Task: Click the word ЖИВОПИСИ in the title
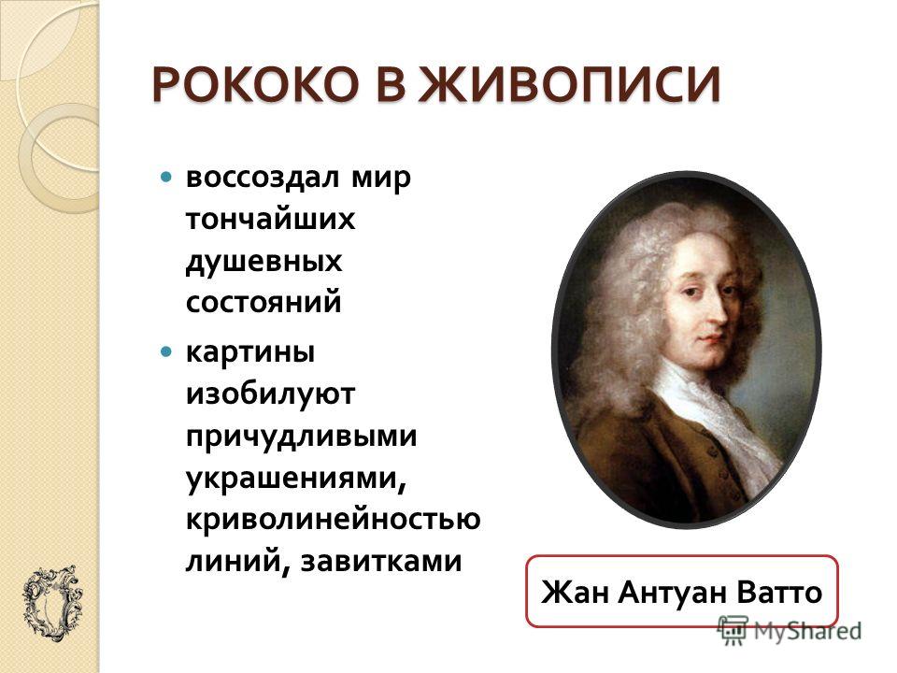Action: [x=572, y=85]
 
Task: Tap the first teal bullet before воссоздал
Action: [x=166, y=177]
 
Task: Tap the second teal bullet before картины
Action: [x=166, y=351]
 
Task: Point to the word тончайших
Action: [x=270, y=219]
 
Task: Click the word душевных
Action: [x=263, y=262]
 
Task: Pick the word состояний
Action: [x=263, y=302]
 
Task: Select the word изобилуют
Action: [x=270, y=394]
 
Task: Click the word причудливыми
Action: [x=302, y=437]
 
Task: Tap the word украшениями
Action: [x=296, y=479]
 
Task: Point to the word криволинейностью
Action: [x=333, y=520]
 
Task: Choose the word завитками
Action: [x=381, y=561]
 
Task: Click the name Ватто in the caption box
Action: [x=779, y=592]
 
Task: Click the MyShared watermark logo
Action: [x=790, y=630]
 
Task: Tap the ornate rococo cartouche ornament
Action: [x=52, y=605]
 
